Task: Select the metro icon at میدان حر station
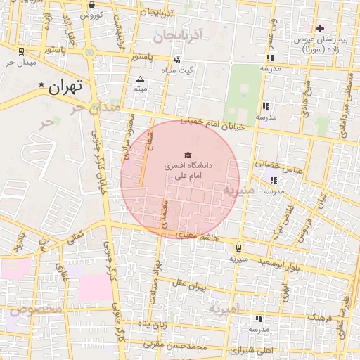pos(22,51)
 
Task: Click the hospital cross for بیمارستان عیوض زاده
pos(321,28)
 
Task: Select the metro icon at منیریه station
pos(239,247)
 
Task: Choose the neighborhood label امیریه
pos(225,309)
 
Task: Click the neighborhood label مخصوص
pos(35,309)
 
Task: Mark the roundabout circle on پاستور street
pos(89,53)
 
